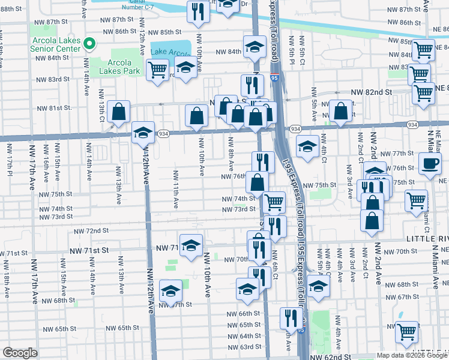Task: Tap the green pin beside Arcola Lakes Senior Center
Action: click(x=89, y=43)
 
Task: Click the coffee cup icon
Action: click(x=429, y=163)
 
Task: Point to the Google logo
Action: click(x=20, y=353)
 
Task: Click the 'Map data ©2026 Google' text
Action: click(x=411, y=355)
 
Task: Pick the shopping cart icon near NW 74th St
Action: click(x=274, y=202)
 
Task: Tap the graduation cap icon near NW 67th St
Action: click(x=171, y=291)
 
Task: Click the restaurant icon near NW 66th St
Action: click(x=291, y=318)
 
